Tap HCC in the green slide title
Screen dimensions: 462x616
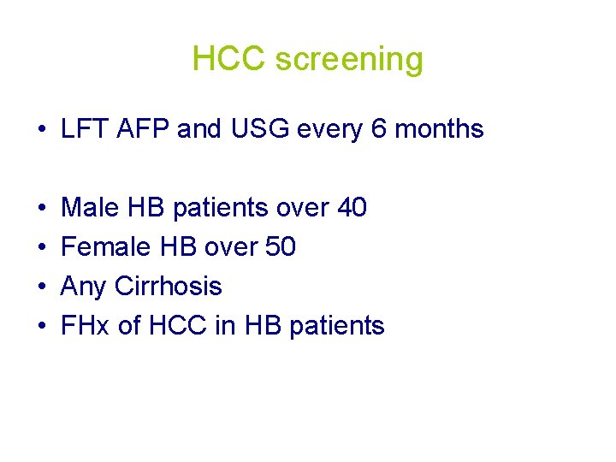229,59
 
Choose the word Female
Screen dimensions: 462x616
107,247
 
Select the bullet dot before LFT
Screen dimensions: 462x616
41,130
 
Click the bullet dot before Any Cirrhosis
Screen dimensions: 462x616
41,287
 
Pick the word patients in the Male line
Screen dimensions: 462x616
219,208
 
